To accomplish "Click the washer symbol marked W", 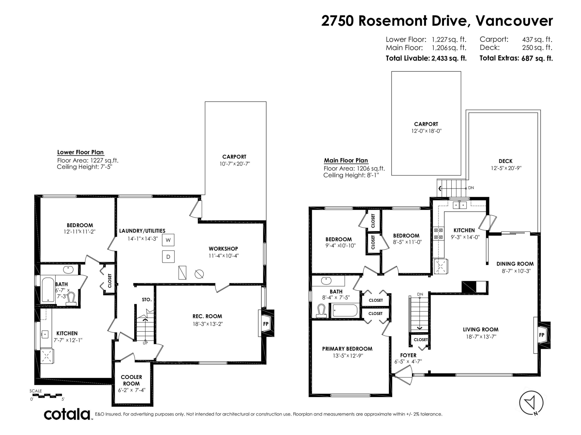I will [x=168, y=240].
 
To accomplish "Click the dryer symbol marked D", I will [x=168, y=257].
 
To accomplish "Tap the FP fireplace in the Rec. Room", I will [x=266, y=324].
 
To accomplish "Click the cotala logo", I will [x=67, y=415].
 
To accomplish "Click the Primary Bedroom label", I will [x=347, y=349].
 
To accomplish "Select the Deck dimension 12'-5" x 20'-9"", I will [x=506, y=168].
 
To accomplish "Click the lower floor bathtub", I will [x=48, y=290].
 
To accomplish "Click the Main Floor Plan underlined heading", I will [x=346, y=160].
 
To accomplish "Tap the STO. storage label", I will [x=147, y=299].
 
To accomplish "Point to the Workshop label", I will [x=223, y=249].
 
